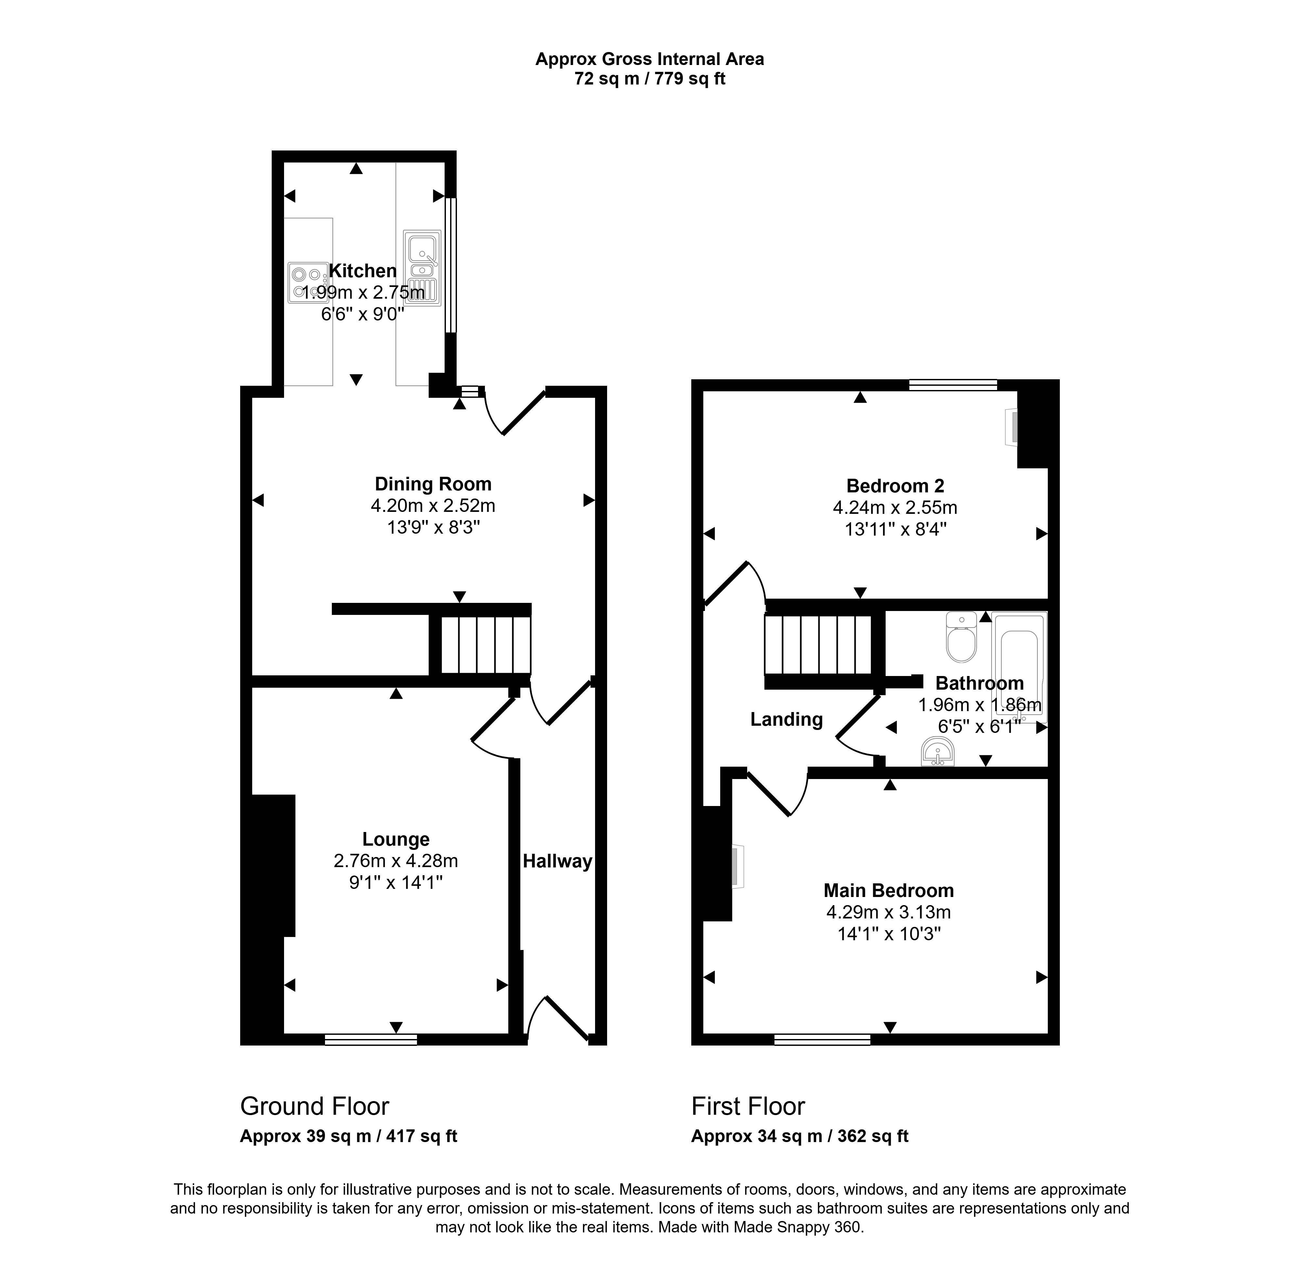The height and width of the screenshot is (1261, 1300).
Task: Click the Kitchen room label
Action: [363, 271]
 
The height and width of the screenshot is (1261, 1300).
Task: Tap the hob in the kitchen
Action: [308, 282]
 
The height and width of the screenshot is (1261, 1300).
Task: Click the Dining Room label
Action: [433, 484]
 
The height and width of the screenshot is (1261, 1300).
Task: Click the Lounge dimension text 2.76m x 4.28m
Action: [396, 861]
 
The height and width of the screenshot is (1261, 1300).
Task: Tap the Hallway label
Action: [557, 862]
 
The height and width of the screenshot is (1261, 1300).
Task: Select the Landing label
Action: [786, 720]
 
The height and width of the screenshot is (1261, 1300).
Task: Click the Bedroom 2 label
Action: [895, 486]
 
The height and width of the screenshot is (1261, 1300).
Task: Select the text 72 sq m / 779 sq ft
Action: [650, 79]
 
